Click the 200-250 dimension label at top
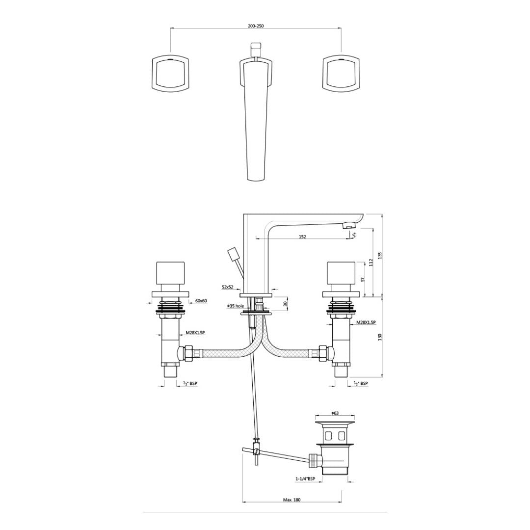(256, 26)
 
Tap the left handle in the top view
(169, 74)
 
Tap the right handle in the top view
(342, 74)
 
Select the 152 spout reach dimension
(302, 237)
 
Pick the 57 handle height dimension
(362, 279)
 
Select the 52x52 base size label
(228, 286)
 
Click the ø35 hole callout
(235, 306)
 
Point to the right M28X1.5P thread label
(366, 322)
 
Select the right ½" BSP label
(360, 383)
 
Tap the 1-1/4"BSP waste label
(305, 478)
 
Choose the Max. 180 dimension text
(291, 500)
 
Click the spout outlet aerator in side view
(347, 226)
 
